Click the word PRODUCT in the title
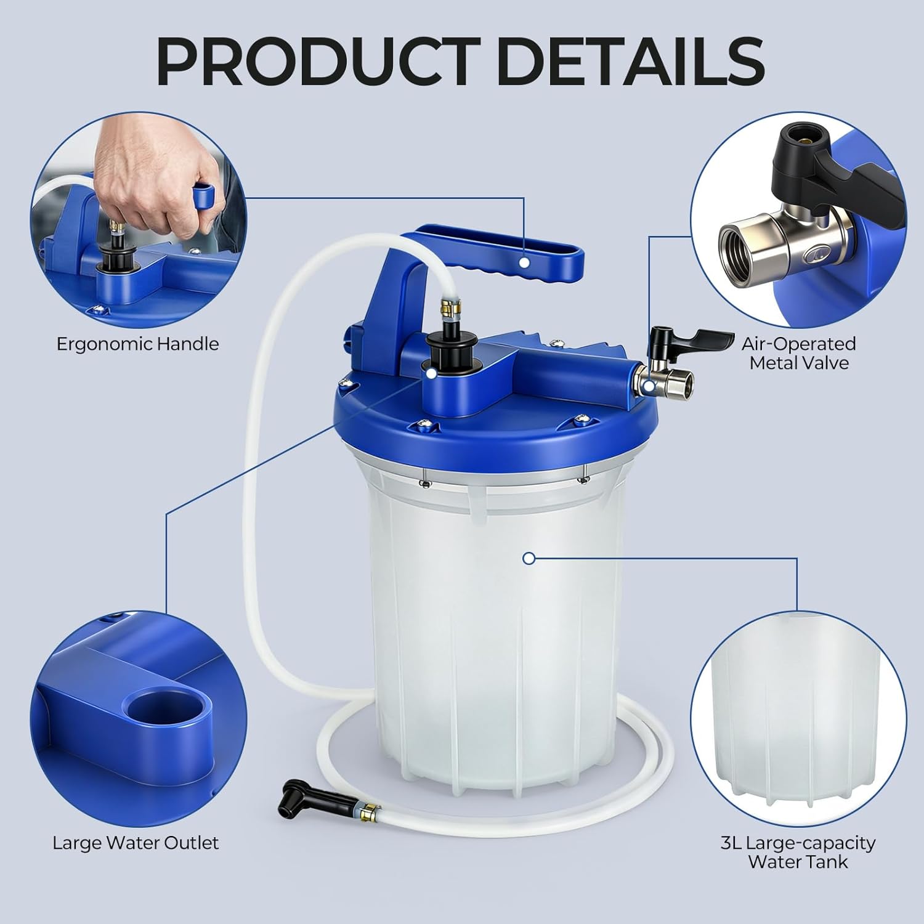point(317,63)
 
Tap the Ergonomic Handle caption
point(137,344)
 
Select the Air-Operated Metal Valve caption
point(798,353)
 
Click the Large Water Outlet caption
point(136,843)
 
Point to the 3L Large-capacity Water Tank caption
point(798,852)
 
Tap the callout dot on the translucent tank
point(528,559)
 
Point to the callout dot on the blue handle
point(524,262)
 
